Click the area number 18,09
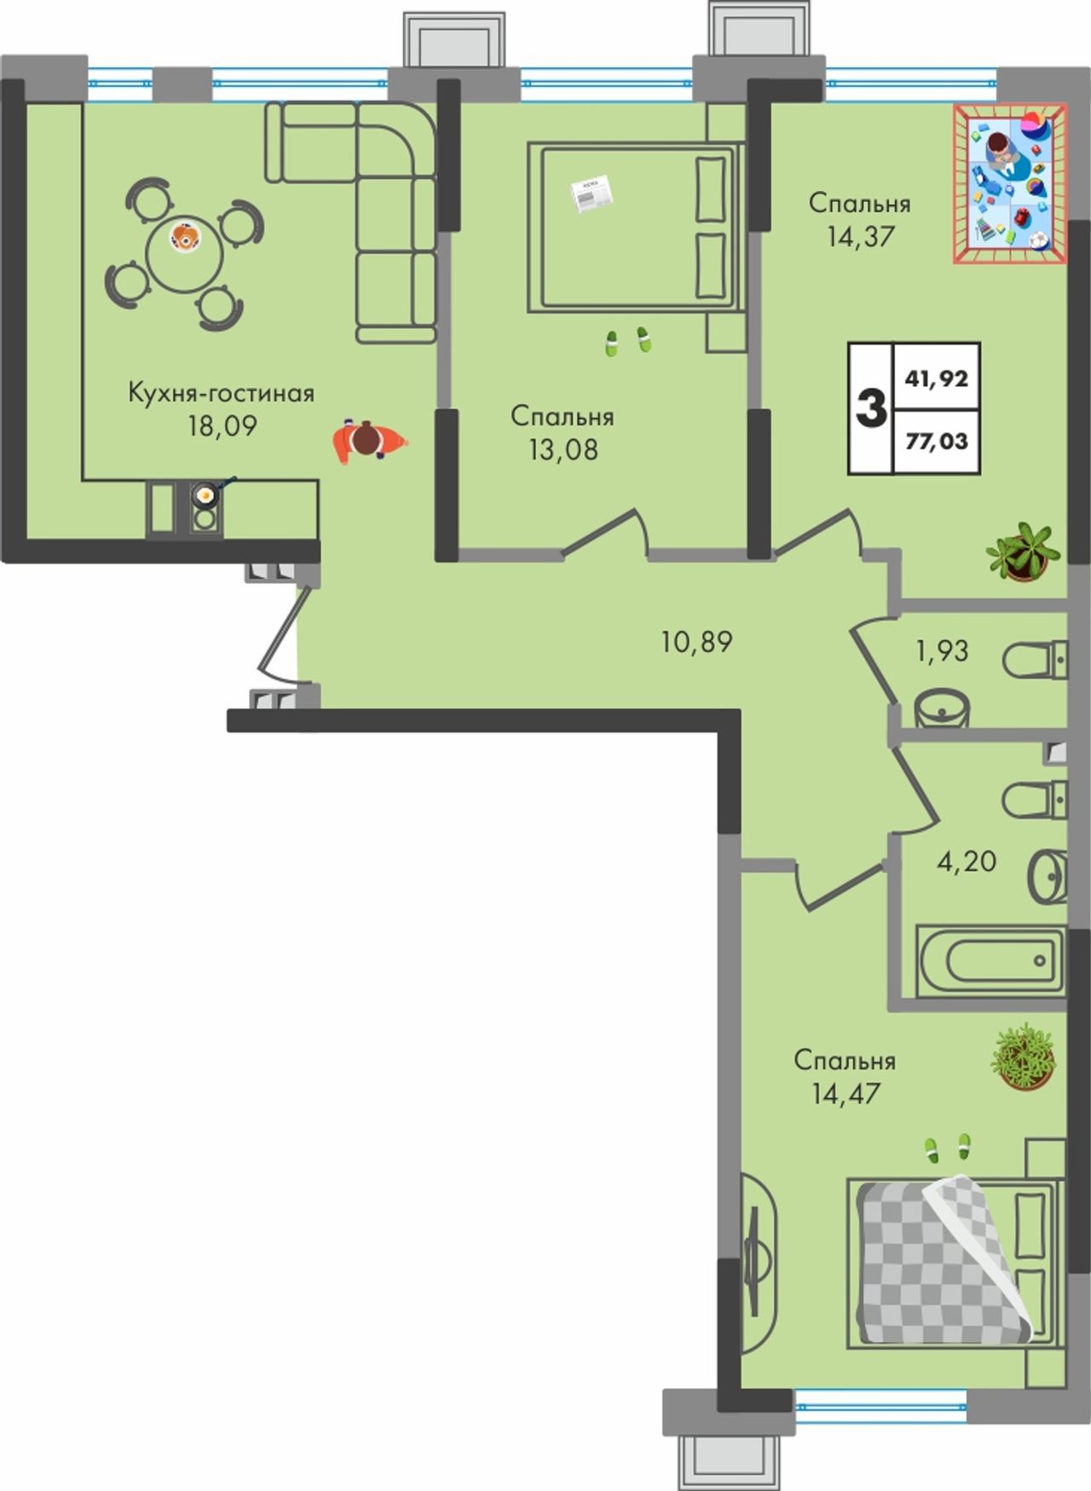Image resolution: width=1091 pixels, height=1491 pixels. click(222, 425)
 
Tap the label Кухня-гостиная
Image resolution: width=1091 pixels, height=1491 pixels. click(222, 394)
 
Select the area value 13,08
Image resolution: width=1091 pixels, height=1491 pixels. click(563, 449)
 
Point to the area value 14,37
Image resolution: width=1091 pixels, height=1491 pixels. click(860, 236)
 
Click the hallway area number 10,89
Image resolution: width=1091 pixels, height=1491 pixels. click(696, 641)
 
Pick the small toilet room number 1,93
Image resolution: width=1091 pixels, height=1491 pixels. click(942, 651)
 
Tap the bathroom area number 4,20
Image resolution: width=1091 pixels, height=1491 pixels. click(967, 861)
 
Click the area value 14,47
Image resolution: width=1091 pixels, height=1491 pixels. click(846, 1093)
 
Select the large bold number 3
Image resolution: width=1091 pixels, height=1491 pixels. click(870, 408)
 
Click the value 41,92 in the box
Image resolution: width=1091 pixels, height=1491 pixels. click(937, 378)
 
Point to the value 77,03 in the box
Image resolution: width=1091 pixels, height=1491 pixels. click(937, 441)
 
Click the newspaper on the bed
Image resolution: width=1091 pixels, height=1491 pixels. click(592, 194)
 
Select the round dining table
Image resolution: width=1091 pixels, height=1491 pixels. click(184, 253)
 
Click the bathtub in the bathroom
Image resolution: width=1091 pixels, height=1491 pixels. click(990, 961)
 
